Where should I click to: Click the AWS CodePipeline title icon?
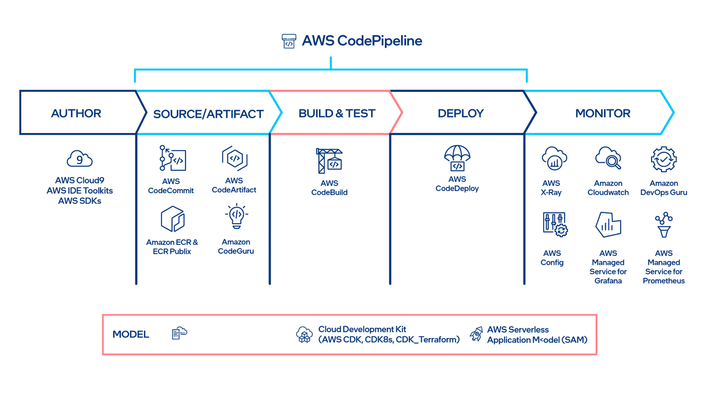tap(289, 41)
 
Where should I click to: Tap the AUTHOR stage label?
tap(76, 114)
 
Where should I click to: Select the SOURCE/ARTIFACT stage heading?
tap(208, 114)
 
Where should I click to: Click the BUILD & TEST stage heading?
tap(337, 114)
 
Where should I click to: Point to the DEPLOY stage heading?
tap(460, 114)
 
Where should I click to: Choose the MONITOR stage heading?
tap(603, 114)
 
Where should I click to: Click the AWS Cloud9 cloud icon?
tap(80, 159)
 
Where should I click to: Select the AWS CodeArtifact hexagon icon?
tap(234, 158)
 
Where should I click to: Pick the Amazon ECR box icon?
tap(173, 219)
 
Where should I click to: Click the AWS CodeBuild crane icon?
tap(329, 161)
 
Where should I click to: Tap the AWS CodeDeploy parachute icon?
tap(457, 158)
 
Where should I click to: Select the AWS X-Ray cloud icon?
tap(554, 159)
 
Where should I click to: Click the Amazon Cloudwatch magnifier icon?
tap(608, 158)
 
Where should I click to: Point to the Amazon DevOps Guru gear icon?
tap(664, 159)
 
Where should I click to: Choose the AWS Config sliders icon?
tap(555, 224)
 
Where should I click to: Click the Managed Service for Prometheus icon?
tap(664, 225)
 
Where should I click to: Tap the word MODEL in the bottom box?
tap(131, 334)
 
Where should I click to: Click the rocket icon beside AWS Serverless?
tap(476, 334)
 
